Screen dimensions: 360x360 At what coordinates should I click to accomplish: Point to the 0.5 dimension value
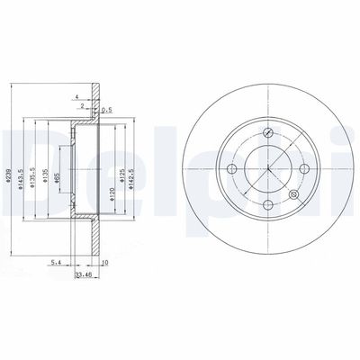pyautogui.click(x=108, y=110)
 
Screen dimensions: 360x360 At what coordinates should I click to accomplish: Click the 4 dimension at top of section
pyautogui.click(x=78, y=95)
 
